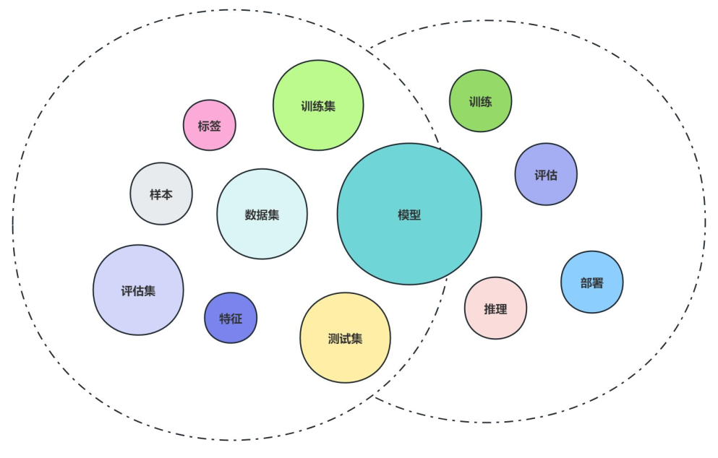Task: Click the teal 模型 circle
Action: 409,214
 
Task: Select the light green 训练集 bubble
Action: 318,105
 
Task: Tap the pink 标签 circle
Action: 209,125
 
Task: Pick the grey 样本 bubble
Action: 161,194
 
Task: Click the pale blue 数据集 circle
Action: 262,214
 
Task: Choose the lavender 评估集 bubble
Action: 138,290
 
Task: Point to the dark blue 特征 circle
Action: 231,318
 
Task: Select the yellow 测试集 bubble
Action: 345,337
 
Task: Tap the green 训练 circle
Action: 480,101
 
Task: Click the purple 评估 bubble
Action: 546,174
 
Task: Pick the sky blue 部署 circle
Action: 591,282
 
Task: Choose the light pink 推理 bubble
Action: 495,308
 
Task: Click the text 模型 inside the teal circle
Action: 409,215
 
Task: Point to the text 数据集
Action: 262,215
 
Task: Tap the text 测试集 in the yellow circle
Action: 345,338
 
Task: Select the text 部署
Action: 591,282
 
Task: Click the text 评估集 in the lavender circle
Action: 138,291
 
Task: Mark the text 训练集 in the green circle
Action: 318,106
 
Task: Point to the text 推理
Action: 495,308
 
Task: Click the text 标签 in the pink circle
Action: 209,126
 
